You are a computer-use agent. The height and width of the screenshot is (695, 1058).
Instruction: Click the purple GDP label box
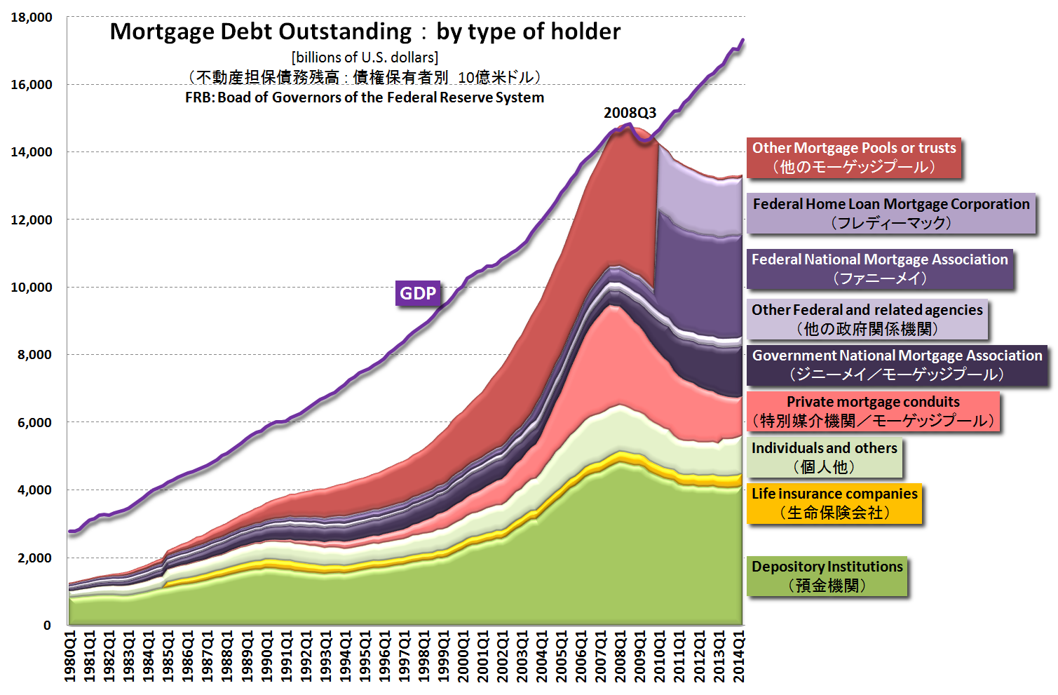(418, 293)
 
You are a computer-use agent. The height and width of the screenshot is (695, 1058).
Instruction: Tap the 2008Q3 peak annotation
(630, 113)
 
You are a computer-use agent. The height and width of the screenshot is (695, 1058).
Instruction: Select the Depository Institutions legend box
(827, 576)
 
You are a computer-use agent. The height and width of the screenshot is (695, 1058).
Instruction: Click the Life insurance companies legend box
(834, 503)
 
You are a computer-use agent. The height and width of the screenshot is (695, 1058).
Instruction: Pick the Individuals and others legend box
(825, 457)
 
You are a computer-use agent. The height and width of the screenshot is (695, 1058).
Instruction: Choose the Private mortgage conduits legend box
(873, 411)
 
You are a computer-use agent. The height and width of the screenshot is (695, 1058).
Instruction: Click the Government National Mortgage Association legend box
(897, 365)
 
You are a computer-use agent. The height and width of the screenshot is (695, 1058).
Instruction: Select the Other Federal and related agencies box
(867, 319)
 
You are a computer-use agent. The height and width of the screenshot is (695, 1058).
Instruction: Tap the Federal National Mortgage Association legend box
(880, 269)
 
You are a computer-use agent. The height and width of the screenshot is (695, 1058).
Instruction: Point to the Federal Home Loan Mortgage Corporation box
(891, 213)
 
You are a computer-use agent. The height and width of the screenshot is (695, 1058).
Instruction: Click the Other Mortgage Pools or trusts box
(854, 157)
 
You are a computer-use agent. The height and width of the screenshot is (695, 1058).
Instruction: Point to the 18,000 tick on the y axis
(32, 18)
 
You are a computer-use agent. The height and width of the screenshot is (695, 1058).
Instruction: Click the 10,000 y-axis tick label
(32, 288)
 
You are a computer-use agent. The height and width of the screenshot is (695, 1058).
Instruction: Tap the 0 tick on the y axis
(47, 625)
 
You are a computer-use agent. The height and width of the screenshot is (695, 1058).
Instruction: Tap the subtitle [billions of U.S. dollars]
(365, 58)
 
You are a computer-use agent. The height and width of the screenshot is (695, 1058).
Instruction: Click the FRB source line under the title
(365, 97)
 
